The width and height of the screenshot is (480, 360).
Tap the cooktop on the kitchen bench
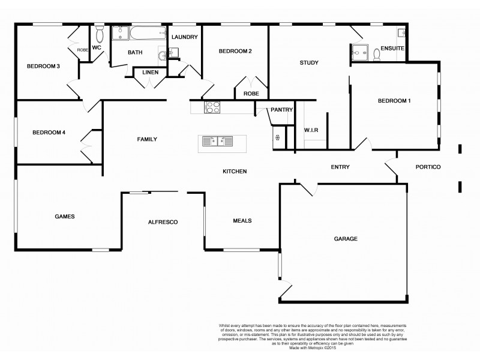point(213,107)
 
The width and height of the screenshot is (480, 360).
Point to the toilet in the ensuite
point(377,55)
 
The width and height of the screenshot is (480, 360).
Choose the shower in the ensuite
point(361,52)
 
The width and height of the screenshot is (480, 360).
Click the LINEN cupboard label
point(149,72)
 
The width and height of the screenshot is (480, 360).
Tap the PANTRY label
point(281,110)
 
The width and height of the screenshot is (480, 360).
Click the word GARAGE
point(346,238)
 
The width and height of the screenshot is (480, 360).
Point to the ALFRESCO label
point(163,223)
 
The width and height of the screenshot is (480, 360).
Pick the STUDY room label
point(309,62)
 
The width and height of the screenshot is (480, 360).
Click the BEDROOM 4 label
point(49,132)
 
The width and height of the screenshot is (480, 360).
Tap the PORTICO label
point(428,167)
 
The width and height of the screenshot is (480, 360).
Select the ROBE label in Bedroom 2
point(251,94)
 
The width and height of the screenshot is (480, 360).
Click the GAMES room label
point(64,217)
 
